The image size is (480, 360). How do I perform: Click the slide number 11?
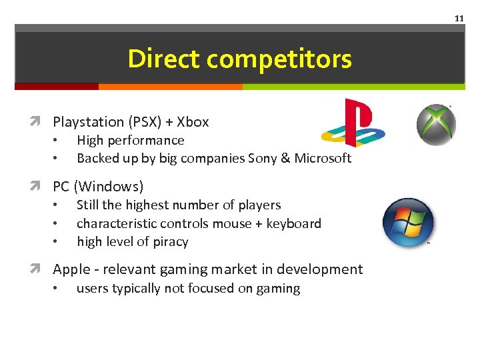[x=459, y=19]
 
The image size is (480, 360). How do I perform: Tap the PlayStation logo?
[x=353, y=122]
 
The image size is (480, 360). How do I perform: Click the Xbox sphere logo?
[x=436, y=125]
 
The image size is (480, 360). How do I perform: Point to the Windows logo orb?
[x=409, y=223]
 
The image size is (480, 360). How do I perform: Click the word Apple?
[x=71, y=269]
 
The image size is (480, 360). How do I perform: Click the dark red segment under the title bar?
[x=57, y=87]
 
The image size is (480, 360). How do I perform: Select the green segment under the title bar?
[x=353, y=87]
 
